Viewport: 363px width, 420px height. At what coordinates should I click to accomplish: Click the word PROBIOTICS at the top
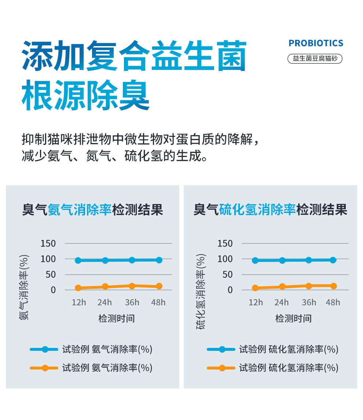[316, 43]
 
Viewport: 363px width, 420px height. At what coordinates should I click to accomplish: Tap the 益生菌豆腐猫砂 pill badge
[315, 59]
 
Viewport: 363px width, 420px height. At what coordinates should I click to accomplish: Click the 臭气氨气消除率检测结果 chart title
[92, 210]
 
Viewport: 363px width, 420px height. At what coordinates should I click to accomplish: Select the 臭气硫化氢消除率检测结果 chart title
[270, 210]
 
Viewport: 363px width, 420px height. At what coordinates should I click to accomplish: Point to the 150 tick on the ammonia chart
[48, 243]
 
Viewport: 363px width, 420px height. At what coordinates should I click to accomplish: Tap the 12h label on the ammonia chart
[78, 302]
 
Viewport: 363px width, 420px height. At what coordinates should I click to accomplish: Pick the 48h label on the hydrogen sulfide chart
[333, 302]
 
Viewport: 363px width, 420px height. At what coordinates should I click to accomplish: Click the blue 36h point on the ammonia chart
[132, 260]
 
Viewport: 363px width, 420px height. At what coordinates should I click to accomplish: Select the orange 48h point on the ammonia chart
[159, 286]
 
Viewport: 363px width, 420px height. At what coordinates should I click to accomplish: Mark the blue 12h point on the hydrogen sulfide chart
[255, 260]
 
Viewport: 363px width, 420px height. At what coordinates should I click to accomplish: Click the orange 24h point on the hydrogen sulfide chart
[282, 287]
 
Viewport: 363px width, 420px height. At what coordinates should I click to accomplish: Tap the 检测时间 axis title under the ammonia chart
[117, 318]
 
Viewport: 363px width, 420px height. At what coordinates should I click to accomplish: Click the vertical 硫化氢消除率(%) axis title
[201, 292]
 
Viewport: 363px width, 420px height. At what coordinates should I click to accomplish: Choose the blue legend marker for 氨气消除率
[45, 349]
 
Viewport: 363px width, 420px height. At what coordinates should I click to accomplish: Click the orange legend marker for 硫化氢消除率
[222, 368]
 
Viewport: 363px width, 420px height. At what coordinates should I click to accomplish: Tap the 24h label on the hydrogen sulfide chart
[282, 302]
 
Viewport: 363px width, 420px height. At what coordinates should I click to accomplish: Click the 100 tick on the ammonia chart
[48, 259]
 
